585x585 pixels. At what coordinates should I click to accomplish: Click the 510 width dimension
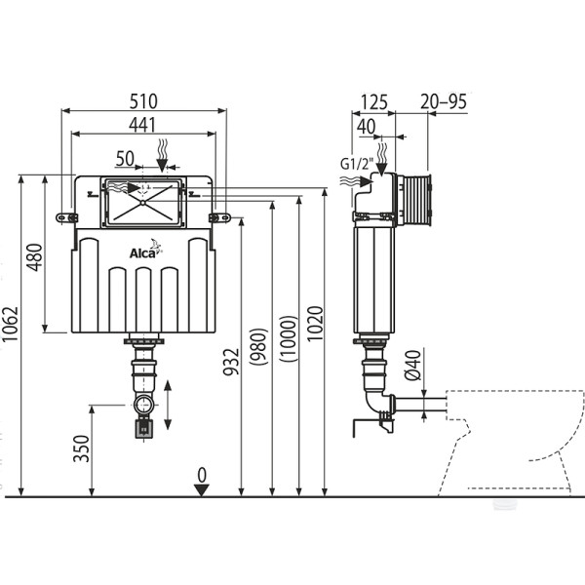click(144, 99)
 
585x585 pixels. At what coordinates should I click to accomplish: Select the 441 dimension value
click(144, 124)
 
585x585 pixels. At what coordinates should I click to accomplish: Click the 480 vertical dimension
click(36, 255)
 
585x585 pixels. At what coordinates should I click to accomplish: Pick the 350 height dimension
click(83, 449)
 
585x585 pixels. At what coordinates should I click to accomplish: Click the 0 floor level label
click(202, 474)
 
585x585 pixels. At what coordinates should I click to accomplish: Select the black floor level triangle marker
click(202, 489)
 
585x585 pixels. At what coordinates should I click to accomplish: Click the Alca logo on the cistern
click(145, 253)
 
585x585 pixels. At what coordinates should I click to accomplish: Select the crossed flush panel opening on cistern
click(142, 202)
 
